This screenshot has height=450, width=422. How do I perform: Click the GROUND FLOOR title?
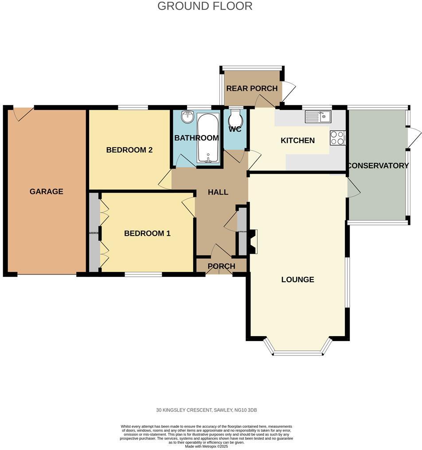pos(205,6)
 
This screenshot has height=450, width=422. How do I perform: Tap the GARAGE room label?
pos(46,191)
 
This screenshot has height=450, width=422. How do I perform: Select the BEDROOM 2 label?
pos(129,150)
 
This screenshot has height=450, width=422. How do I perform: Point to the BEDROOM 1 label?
pos(147,233)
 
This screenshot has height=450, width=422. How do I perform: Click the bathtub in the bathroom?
pos(207,138)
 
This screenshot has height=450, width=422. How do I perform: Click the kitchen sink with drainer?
pos(318,117)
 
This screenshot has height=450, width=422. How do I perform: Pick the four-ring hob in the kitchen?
pos(337,138)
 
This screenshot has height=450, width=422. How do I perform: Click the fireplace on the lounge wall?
pos(253,241)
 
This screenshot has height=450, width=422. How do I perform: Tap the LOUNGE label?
pos(297,279)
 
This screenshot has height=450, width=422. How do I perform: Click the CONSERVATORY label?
pos(378,166)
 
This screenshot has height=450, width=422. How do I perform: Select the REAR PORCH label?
pos(252,88)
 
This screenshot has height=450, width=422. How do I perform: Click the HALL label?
pos(218,192)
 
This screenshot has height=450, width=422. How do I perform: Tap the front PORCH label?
pos(221,266)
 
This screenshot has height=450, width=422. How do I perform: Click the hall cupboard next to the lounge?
pos(242,231)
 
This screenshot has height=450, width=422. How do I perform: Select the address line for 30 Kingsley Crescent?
pos(206,410)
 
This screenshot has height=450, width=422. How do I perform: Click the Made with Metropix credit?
pos(206,446)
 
